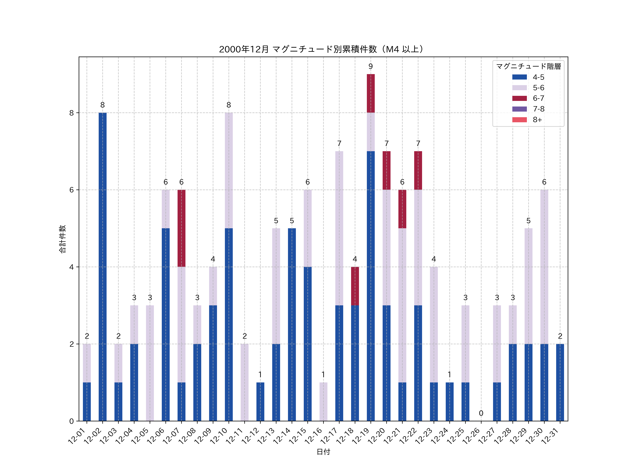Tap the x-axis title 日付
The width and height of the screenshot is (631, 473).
coord(323,452)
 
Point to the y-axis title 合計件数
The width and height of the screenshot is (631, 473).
coord(62,239)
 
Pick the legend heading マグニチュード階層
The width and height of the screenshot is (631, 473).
coord(528,66)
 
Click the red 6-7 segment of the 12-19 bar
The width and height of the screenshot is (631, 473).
coord(371,93)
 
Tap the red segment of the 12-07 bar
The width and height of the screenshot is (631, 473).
coord(181,228)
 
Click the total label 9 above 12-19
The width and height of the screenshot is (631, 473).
coord(371,66)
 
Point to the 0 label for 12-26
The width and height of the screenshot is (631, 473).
coord(481,413)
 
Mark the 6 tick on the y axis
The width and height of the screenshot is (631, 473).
coord(71,190)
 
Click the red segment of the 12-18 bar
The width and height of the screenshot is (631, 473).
coord(355,286)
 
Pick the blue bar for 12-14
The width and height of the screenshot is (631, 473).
coord(292,324)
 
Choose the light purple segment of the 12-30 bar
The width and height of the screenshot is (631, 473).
coord(544,267)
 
